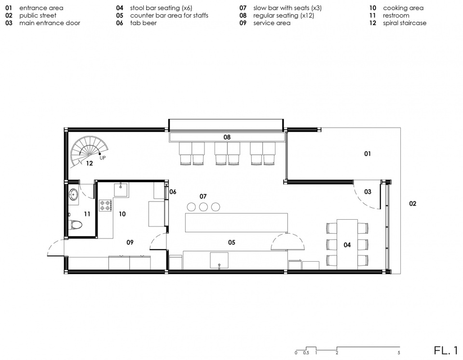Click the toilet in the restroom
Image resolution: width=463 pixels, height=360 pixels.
point(75,225)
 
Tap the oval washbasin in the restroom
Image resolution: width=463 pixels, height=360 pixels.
point(73,194)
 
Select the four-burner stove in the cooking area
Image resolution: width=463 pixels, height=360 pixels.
point(105,205)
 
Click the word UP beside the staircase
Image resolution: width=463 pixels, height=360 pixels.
point(102,158)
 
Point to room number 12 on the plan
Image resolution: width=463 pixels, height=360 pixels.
point(89,163)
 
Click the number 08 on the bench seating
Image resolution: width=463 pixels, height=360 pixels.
point(227,137)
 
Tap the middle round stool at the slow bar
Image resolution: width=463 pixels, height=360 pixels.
point(203,207)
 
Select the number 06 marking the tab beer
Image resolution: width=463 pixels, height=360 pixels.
point(173,192)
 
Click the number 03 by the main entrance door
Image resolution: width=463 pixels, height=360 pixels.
point(368,192)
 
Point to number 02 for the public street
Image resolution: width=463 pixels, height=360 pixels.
point(412,203)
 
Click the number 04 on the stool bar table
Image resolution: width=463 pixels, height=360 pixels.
point(347,245)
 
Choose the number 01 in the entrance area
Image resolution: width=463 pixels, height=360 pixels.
point(368,153)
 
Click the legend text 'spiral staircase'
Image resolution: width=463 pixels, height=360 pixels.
point(405,23)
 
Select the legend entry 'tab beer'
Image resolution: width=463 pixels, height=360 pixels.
point(143,23)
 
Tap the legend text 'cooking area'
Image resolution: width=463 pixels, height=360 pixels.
point(403,8)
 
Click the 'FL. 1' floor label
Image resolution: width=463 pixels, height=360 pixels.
point(446,350)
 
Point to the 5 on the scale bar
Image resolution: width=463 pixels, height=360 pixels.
point(399,353)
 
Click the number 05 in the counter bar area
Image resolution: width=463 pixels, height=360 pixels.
point(231,242)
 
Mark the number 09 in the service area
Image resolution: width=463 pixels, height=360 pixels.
point(130,242)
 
